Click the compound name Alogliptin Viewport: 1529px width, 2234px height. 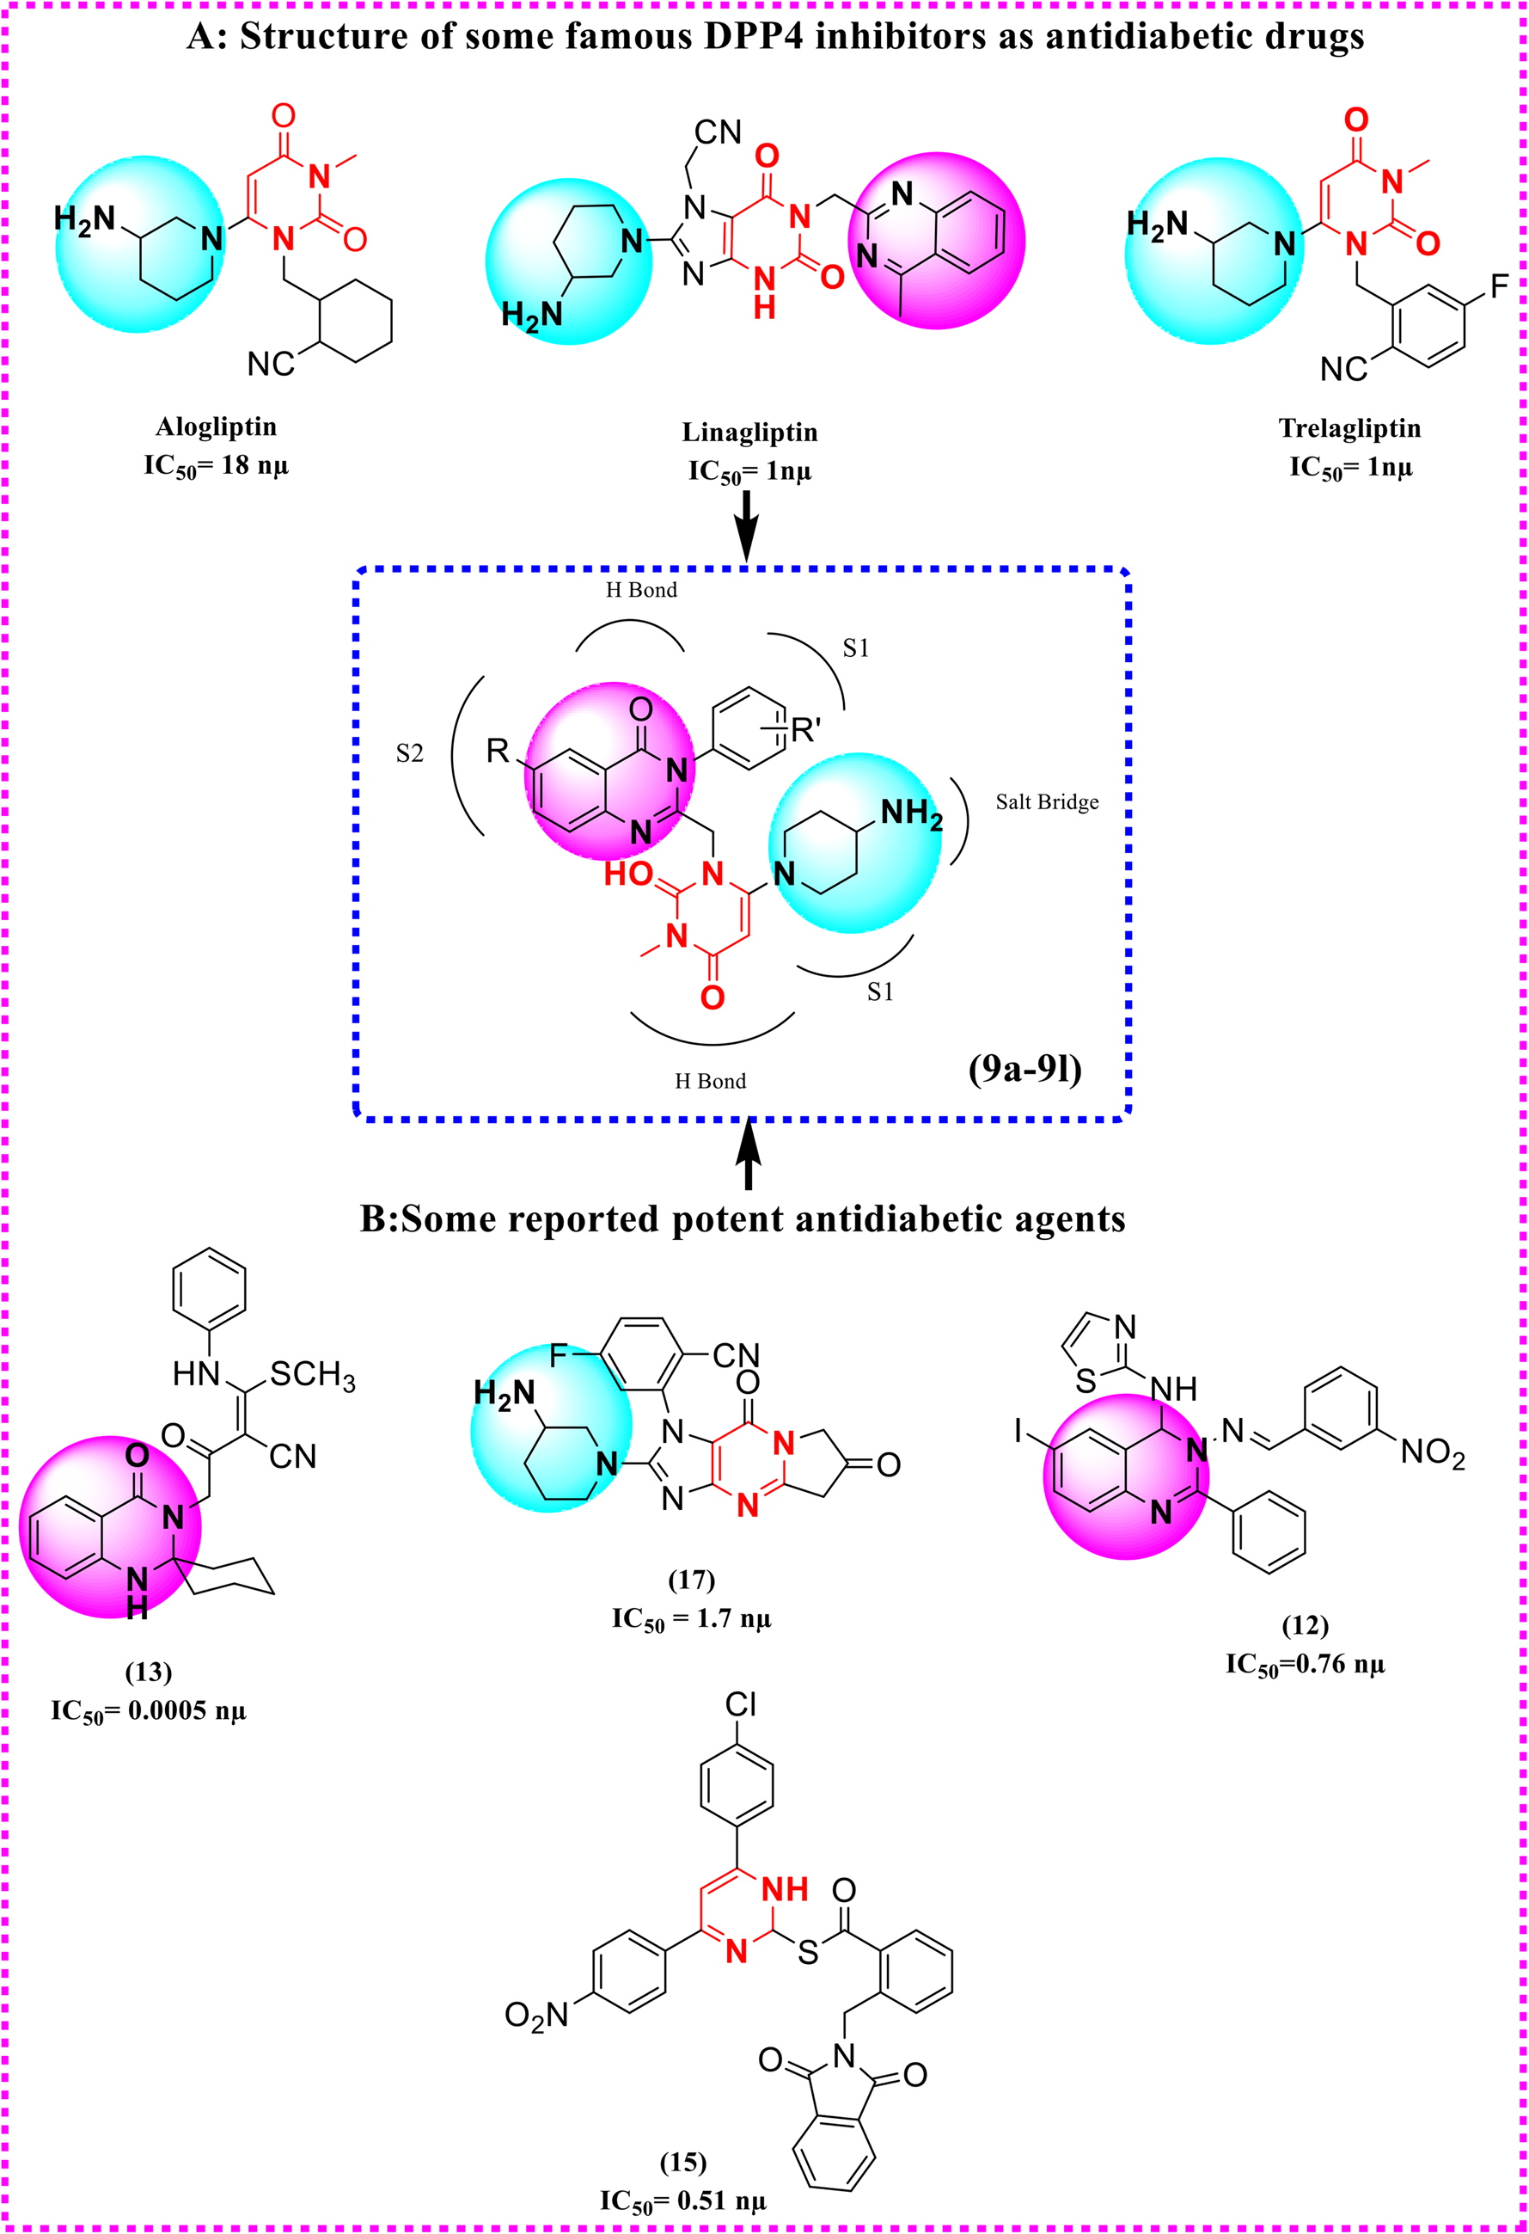[x=217, y=426]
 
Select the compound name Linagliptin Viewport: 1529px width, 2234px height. [x=749, y=432]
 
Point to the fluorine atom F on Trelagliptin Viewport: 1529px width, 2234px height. [x=1499, y=286]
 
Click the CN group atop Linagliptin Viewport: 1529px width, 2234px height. [x=718, y=132]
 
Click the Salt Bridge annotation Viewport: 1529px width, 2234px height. [x=1047, y=801]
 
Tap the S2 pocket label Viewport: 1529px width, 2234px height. [x=409, y=752]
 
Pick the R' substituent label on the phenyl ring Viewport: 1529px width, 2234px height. [x=804, y=731]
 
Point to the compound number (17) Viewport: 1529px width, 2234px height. [x=691, y=1579]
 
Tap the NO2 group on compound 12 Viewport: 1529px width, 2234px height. [x=1432, y=1452]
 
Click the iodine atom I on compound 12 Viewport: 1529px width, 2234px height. [x=1017, y=1432]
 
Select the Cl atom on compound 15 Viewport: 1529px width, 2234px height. [x=740, y=1704]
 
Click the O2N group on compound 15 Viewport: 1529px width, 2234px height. [x=536, y=2015]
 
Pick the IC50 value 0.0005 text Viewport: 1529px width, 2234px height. [x=149, y=1710]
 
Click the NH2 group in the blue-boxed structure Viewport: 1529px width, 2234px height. [x=911, y=814]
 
